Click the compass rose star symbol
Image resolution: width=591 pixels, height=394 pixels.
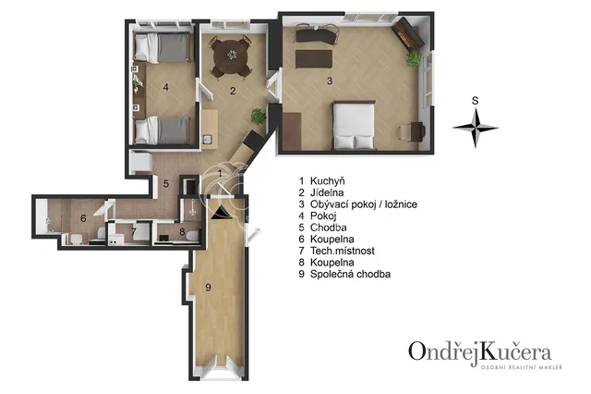click(x=476, y=128)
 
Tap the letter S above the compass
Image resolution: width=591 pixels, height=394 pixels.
click(x=476, y=101)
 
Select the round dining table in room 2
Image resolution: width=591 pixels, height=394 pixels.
click(x=231, y=56)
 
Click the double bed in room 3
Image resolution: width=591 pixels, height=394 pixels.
click(x=354, y=125)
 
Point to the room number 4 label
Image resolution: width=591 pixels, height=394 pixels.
click(x=166, y=87)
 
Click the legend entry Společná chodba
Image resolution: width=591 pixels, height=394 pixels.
click(x=350, y=274)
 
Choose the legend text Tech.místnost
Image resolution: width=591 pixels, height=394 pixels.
click(x=343, y=251)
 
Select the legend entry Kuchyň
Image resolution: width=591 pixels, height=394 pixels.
click(x=327, y=181)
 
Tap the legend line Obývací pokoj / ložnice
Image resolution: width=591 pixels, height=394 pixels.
click(x=363, y=204)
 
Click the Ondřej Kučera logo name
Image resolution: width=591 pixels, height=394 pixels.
click(x=480, y=351)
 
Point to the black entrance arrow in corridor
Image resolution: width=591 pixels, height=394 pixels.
click(x=221, y=213)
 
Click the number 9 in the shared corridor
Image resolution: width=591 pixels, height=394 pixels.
click(x=208, y=288)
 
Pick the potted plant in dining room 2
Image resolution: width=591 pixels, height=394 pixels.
click(x=259, y=117)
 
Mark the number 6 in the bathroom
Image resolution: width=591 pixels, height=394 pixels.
click(x=83, y=218)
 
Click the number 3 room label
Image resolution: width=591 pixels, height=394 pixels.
click(x=330, y=80)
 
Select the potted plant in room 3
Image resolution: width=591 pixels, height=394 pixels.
click(x=414, y=58)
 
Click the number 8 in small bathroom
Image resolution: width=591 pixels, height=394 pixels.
click(x=183, y=232)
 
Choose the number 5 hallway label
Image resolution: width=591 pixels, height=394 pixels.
click(x=166, y=184)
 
